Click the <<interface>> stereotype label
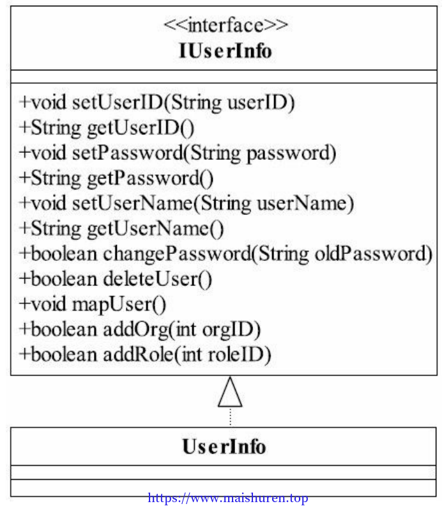click(x=226, y=25)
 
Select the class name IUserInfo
click(x=226, y=51)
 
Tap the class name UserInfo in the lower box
click(x=224, y=446)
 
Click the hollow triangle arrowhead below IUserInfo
click(x=230, y=392)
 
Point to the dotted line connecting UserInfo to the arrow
click(x=231, y=417)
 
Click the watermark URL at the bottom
click(x=227, y=498)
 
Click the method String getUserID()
click(x=107, y=127)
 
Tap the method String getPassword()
click(x=116, y=178)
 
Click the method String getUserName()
click(x=121, y=228)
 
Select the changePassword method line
click(x=226, y=254)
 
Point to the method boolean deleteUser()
click(x=116, y=279)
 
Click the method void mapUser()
click(x=93, y=304)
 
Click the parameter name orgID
click(x=227, y=330)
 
